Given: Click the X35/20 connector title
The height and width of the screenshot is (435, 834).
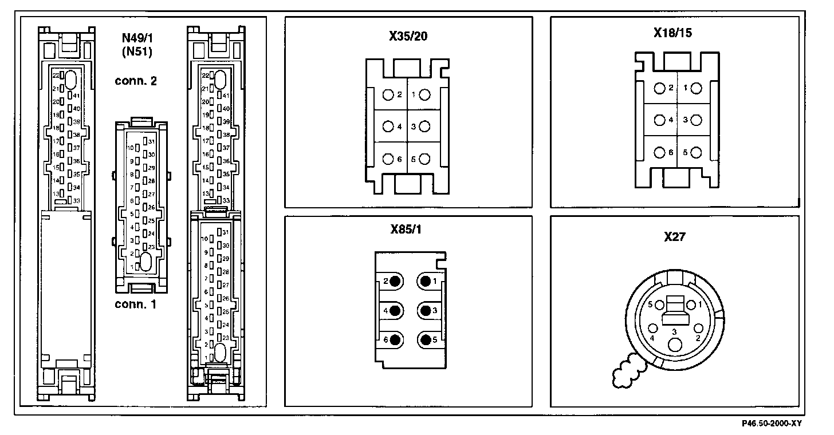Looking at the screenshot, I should point(408,37).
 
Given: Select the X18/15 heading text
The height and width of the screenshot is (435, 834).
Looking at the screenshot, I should point(673,33).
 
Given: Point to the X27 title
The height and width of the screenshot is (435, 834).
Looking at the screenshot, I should point(675,236).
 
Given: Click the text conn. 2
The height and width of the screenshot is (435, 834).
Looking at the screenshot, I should point(136,81).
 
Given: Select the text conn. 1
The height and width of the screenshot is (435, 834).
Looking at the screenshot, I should point(135,304).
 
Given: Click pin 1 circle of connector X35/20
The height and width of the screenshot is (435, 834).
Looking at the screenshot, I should point(424,95).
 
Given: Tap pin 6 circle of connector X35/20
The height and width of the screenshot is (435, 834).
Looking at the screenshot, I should point(388,159).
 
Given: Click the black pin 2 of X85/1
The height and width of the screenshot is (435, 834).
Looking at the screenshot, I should point(395,281).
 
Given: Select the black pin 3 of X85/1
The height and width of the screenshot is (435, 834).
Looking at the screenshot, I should point(425,310).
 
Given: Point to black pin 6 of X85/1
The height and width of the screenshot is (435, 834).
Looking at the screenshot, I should point(395,340).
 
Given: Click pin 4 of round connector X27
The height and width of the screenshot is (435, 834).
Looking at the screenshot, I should point(653,329).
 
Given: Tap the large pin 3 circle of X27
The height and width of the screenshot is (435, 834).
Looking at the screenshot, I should point(676,345).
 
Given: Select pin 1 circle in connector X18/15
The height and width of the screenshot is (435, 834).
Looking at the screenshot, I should point(695,88).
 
